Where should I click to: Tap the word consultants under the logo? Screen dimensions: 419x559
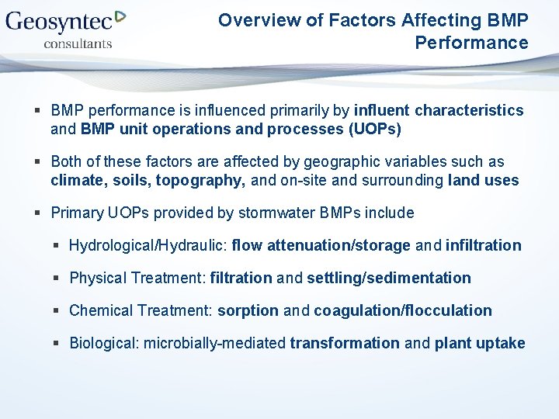pos(78,43)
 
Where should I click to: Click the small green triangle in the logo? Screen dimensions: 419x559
pos(120,16)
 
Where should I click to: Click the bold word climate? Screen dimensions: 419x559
pos(74,181)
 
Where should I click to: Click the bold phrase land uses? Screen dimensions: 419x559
pos(483,181)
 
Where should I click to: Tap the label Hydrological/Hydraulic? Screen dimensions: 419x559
pos(148,245)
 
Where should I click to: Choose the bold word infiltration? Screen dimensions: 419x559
pos(483,245)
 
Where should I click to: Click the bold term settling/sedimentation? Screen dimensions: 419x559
pos(388,278)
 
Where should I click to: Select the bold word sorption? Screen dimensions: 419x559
pos(248,310)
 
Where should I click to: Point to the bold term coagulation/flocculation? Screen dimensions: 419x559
pos(402,310)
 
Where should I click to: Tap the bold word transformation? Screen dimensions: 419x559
pos(345,343)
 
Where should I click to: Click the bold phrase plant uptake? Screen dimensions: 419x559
pos(479,343)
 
